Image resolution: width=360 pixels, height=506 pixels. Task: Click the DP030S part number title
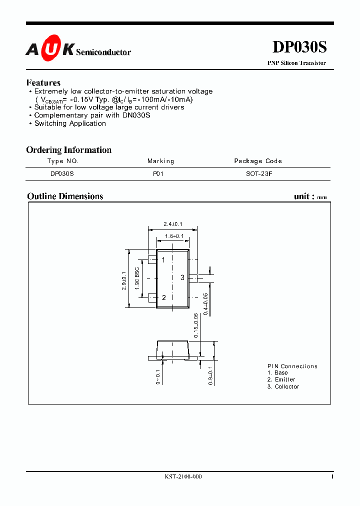coord(299,47)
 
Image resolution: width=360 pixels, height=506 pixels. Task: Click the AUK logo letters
coord(50,49)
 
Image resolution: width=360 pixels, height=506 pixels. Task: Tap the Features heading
coord(43,83)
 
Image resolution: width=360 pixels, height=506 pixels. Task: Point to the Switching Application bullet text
coord(70,123)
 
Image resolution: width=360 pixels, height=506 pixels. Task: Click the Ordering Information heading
coord(69,150)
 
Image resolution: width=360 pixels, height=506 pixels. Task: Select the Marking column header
coord(160,161)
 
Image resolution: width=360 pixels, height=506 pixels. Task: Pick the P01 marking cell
coord(158,174)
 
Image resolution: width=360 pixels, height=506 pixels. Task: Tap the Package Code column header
coord(258,161)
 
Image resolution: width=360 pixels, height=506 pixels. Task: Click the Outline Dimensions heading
coord(65,196)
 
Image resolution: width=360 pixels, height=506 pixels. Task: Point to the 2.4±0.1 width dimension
coord(173,224)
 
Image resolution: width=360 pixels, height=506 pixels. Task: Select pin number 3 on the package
coord(182,277)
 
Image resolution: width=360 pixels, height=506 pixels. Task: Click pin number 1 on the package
coord(163,260)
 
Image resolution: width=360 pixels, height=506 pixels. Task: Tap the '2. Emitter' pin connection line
coord(281,379)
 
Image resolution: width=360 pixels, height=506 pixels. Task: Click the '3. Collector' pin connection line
coord(283,386)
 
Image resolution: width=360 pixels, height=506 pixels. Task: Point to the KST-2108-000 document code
coord(183,476)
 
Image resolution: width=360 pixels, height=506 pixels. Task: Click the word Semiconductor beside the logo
coord(103,52)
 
